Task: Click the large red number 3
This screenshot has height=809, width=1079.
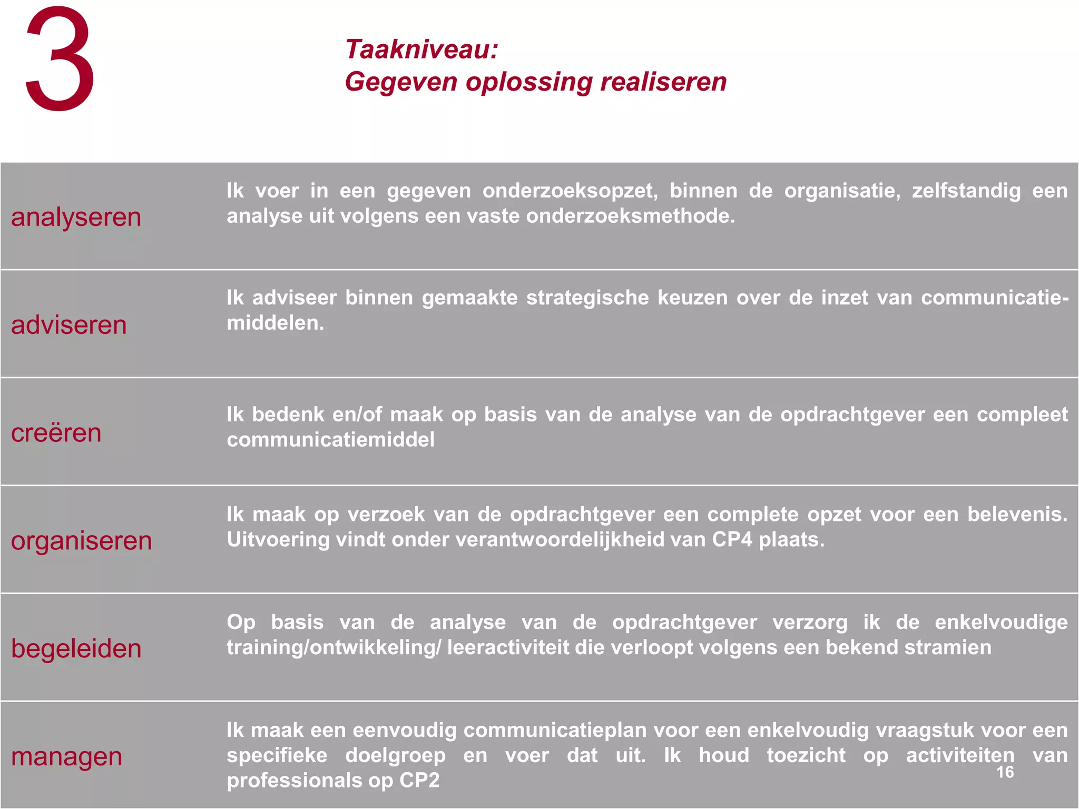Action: (60, 59)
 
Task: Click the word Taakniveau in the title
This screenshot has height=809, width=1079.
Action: (420, 50)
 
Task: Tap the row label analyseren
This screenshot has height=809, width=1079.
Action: (76, 217)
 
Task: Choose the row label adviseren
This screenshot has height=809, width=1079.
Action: (69, 325)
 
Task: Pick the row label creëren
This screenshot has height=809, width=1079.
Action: (56, 433)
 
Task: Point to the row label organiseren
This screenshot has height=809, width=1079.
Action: (82, 541)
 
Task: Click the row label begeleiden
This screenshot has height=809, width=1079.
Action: (76, 648)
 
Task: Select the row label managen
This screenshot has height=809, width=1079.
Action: (67, 756)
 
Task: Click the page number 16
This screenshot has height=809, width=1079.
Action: (1005, 772)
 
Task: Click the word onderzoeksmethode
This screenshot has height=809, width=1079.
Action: (630, 216)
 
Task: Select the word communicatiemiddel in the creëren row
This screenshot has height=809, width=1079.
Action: (331, 440)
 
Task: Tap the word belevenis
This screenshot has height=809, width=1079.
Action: (1017, 514)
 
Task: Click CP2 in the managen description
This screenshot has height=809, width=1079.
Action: (419, 780)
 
